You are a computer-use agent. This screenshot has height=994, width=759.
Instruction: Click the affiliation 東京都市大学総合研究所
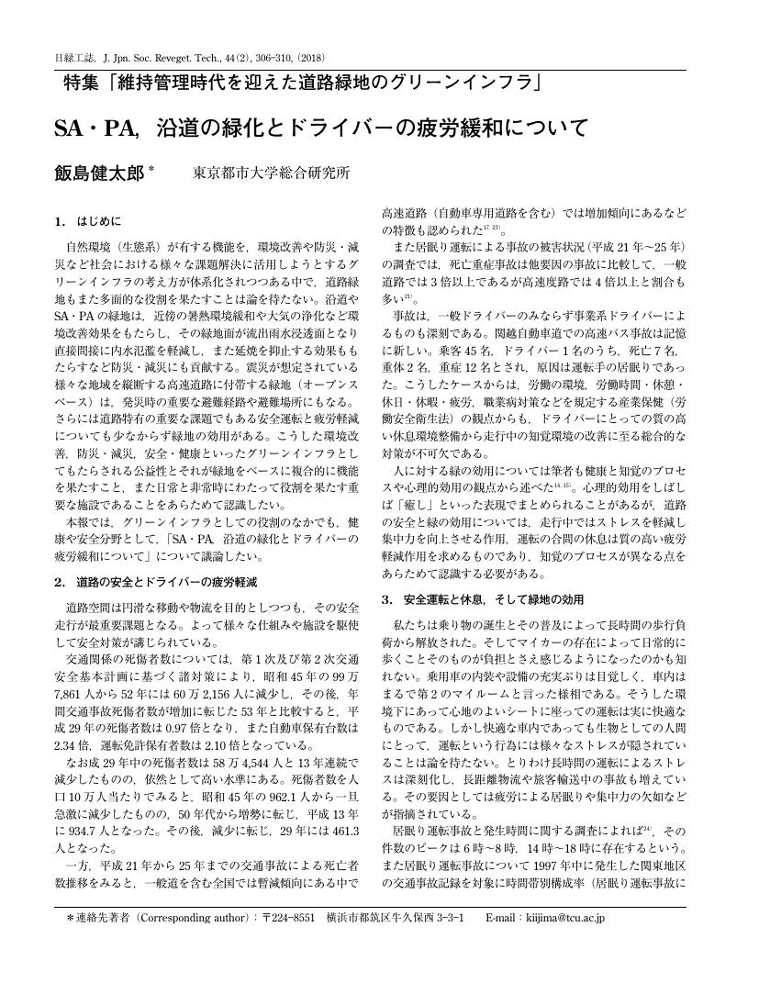271,173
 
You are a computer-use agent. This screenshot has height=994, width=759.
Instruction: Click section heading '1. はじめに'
87,221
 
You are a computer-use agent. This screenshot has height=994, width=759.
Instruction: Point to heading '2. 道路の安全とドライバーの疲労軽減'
155,582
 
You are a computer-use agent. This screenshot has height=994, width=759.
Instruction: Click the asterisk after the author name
152,169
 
